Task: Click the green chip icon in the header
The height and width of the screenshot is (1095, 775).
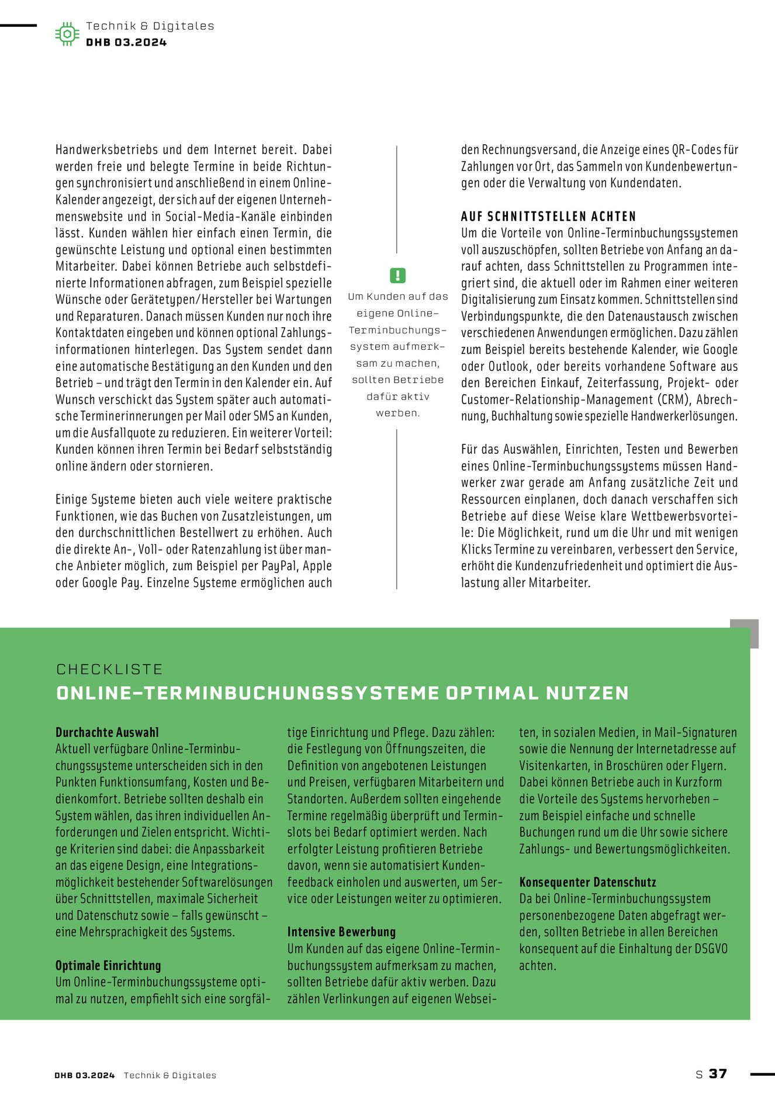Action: (67, 34)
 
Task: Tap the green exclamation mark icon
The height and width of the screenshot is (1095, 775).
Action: (397, 275)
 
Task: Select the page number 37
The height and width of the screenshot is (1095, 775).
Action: (718, 1073)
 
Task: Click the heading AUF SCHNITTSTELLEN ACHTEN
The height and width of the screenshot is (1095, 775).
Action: (548, 216)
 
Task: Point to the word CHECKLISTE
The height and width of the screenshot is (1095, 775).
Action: (109, 669)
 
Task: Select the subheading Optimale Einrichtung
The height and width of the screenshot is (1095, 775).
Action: (108, 965)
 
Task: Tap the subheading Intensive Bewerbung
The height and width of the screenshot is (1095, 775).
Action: (341, 932)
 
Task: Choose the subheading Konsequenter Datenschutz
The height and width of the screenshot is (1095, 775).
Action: (587, 882)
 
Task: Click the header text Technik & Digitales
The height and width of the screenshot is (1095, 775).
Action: (150, 26)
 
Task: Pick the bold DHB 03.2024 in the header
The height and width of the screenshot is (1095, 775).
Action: (126, 42)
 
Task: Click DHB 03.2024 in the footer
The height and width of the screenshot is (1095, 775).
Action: (85, 1075)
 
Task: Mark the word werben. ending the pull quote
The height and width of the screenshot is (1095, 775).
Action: (397, 413)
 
